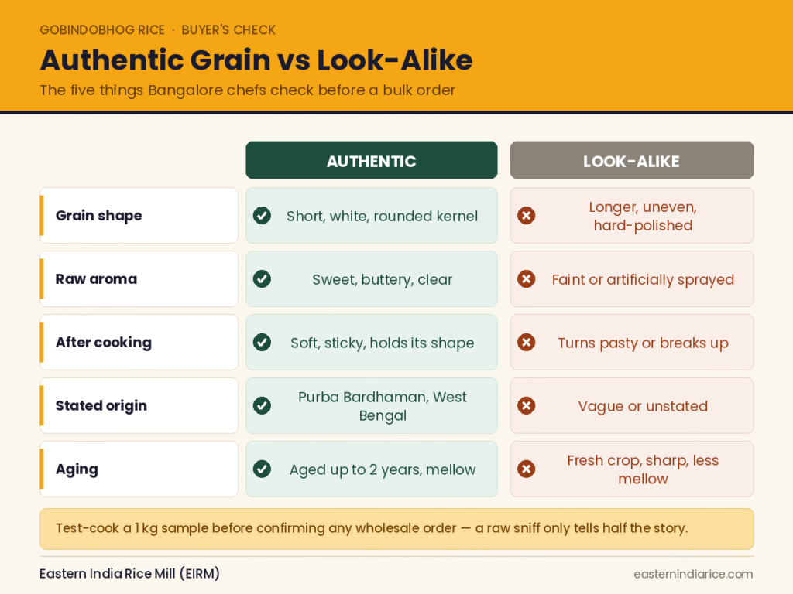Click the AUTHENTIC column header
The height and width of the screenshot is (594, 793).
click(x=371, y=160)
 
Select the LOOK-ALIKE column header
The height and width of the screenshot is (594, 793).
click(x=632, y=160)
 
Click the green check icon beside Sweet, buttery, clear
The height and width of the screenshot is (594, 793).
click(x=262, y=278)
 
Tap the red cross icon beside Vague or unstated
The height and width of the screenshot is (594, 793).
click(x=527, y=405)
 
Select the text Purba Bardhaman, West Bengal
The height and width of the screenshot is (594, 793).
click(x=383, y=406)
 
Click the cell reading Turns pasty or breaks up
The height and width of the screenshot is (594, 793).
click(x=632, y=343)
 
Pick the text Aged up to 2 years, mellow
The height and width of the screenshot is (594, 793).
click(x=383, y=469)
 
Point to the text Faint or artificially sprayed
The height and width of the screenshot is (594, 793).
click(x=643, y=279)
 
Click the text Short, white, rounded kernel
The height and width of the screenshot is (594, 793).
click(x=383, y=217)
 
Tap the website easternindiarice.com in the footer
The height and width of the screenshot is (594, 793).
click(x=693, y=575)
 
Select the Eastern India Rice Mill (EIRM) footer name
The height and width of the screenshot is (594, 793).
click(x=129, y=574)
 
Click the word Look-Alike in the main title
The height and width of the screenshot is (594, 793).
click(x=394, y=60)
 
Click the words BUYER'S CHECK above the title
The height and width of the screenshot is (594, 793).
click(x=228, y=30)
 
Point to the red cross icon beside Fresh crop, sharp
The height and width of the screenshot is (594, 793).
click(x=527, y=469)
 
